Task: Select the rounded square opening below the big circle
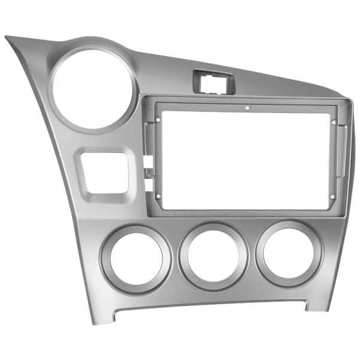pos(104,172)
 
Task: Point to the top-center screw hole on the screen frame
pos(246,109)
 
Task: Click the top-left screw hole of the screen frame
pos(157,118)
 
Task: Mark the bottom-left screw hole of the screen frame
pos(157,196)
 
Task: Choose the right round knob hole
pos(289,251)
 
